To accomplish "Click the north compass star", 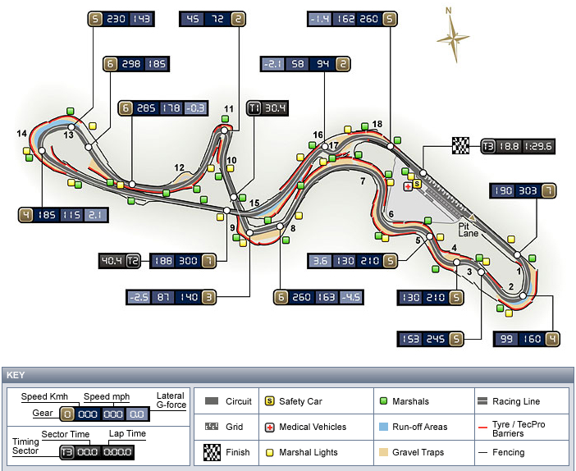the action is point(453,37).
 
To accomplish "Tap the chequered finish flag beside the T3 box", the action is point(461,145).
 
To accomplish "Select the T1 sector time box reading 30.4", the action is point(267,108).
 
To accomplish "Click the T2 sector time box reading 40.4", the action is point(120,261).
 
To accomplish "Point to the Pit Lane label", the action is point(468,230).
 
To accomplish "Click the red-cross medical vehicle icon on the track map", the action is point(408,186).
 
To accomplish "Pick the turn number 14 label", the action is point(21,134).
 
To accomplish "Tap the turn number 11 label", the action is point(229,109).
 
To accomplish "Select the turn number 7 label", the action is point(363,181).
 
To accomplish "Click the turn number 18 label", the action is point(377,124).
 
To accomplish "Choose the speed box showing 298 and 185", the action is point(136,64).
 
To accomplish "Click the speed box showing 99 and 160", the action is point(527,339).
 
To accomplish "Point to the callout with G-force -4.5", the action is point(318,297).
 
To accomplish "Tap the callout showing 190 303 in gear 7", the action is point(523,190).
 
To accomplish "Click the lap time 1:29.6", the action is point(537,146).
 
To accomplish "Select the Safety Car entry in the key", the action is point(293,401).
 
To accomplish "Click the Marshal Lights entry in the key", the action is point(301,452).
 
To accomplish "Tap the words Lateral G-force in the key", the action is point(171,400).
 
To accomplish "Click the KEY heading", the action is point(16,375).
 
